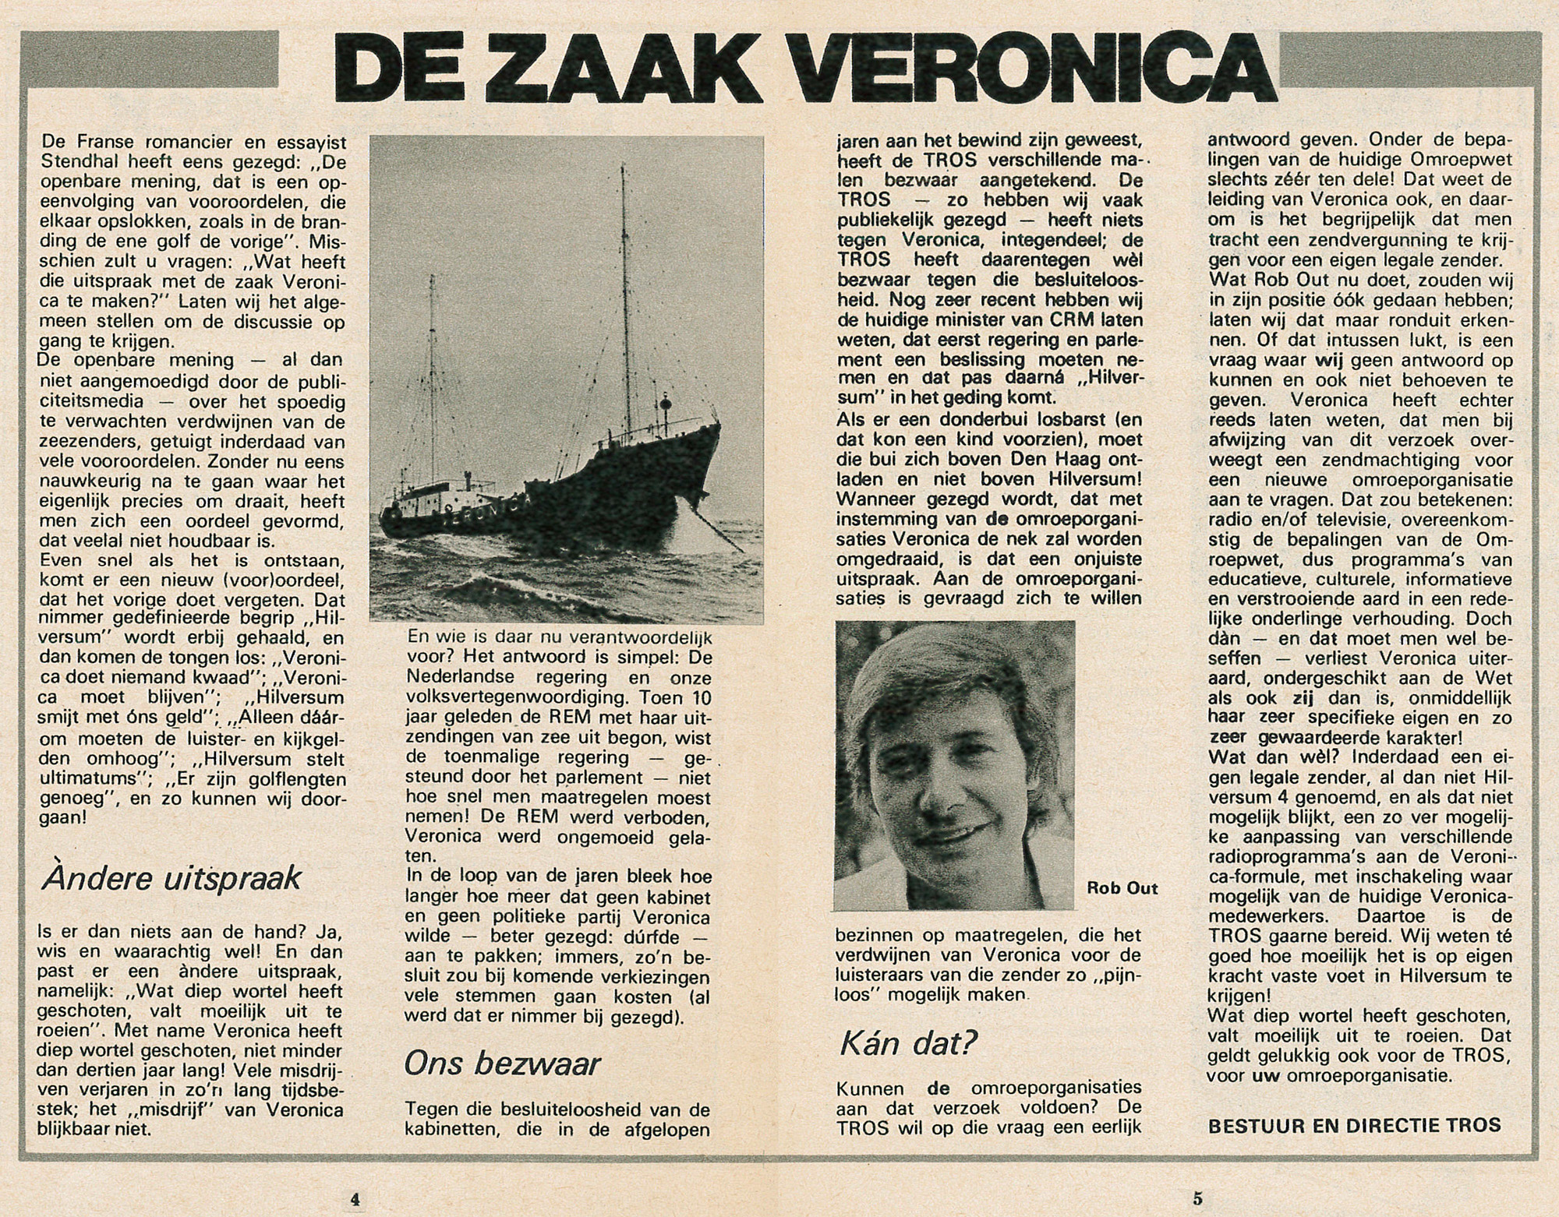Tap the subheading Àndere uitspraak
coord(171,878)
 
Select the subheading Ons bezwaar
coord(502,1064)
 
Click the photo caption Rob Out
coord(1122,889)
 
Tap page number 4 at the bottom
coord(354,1198)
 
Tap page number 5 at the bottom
coord(1197,1198)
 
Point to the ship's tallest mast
coord(624,312)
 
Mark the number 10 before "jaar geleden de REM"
coord(698,697)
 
